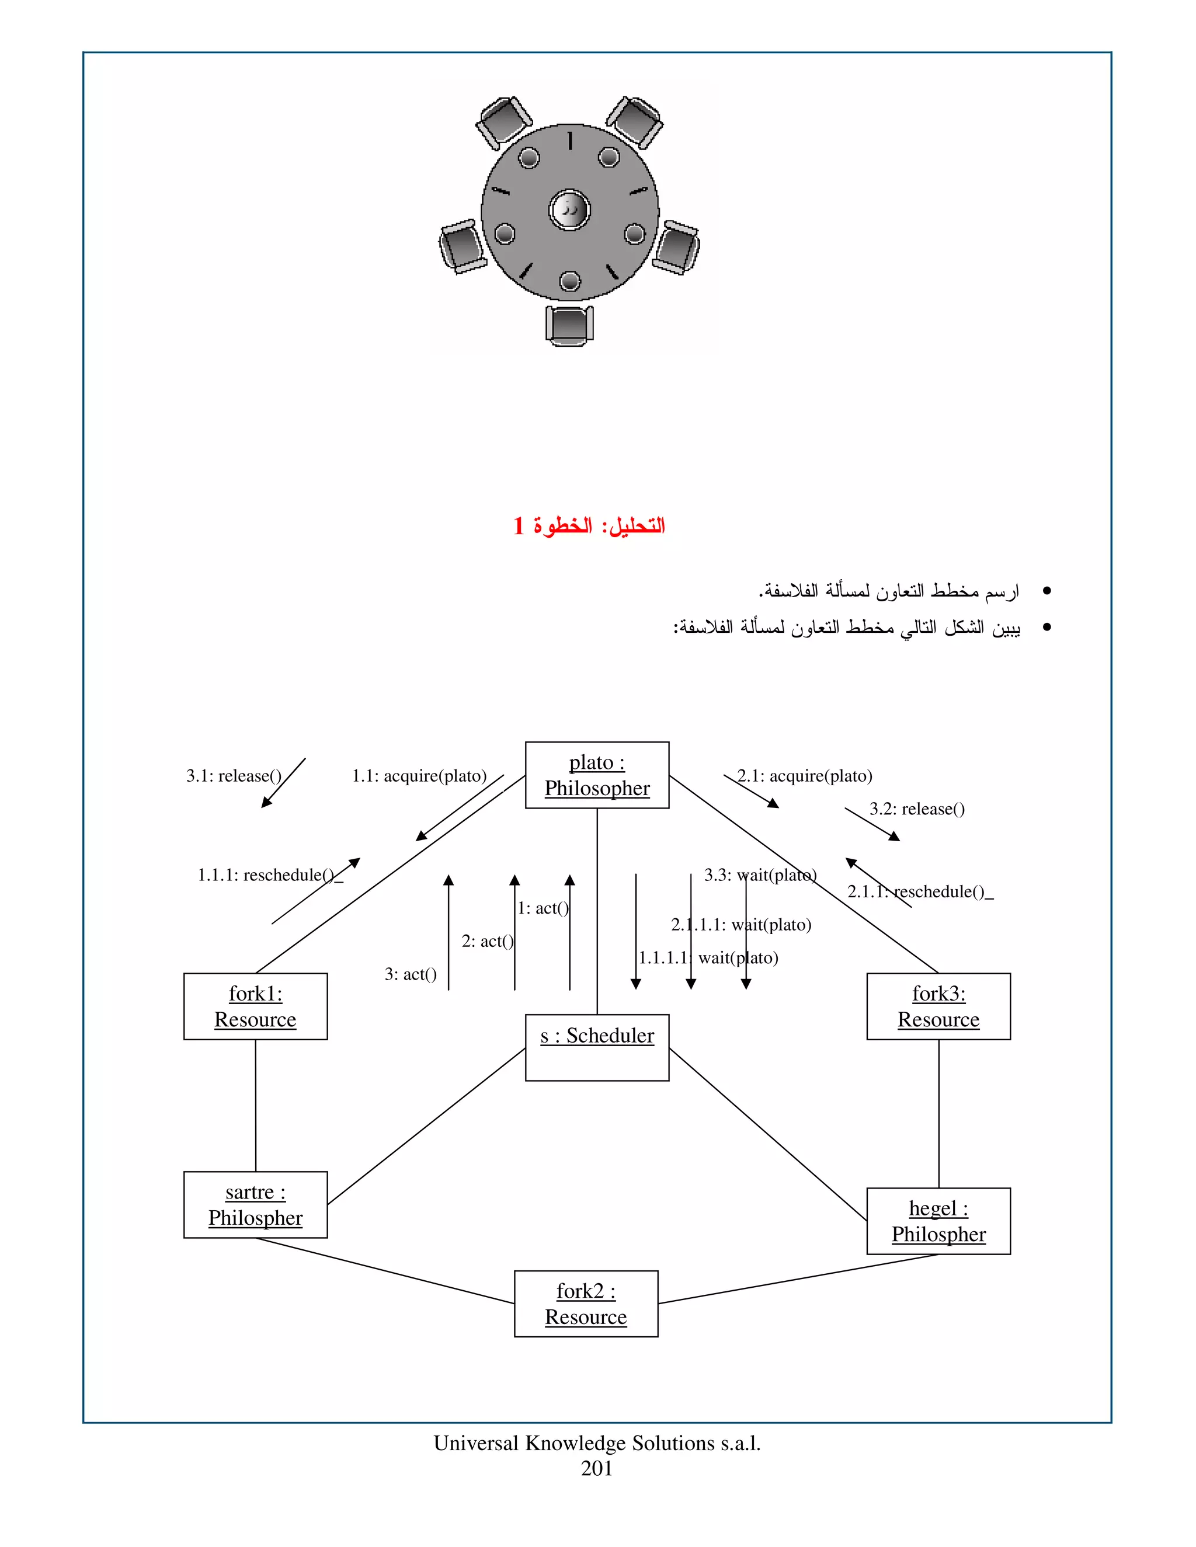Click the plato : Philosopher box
[597, 775]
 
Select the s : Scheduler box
[597, 1047]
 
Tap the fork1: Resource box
[255, 1006]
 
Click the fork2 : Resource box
[586, 1304]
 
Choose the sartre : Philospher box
[255, 1204]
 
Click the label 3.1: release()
[234, 776]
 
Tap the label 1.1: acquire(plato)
[419, 776]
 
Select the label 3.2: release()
[917, 809]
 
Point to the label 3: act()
[410, 974]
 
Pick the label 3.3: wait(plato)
[760, 875]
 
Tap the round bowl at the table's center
[569, 210]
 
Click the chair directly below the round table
[569, 325]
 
